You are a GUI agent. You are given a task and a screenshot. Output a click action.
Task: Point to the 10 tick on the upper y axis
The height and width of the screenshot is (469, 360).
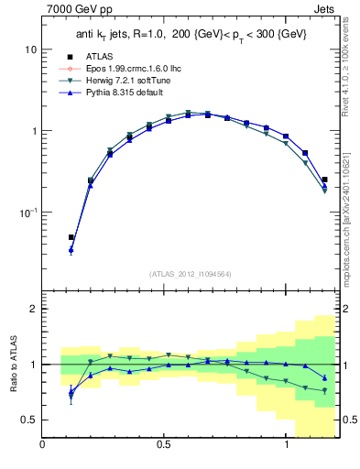tap(30, 49)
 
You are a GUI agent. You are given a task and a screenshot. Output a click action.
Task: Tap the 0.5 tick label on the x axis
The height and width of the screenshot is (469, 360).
tap(164, 446)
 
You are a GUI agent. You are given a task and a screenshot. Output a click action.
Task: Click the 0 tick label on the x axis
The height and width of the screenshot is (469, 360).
tap(42, 446)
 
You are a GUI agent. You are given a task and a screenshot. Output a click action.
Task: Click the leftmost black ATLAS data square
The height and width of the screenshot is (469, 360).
tap(71, 237)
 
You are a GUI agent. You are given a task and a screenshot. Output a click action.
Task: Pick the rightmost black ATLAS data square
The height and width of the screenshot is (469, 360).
tap(325, 180)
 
